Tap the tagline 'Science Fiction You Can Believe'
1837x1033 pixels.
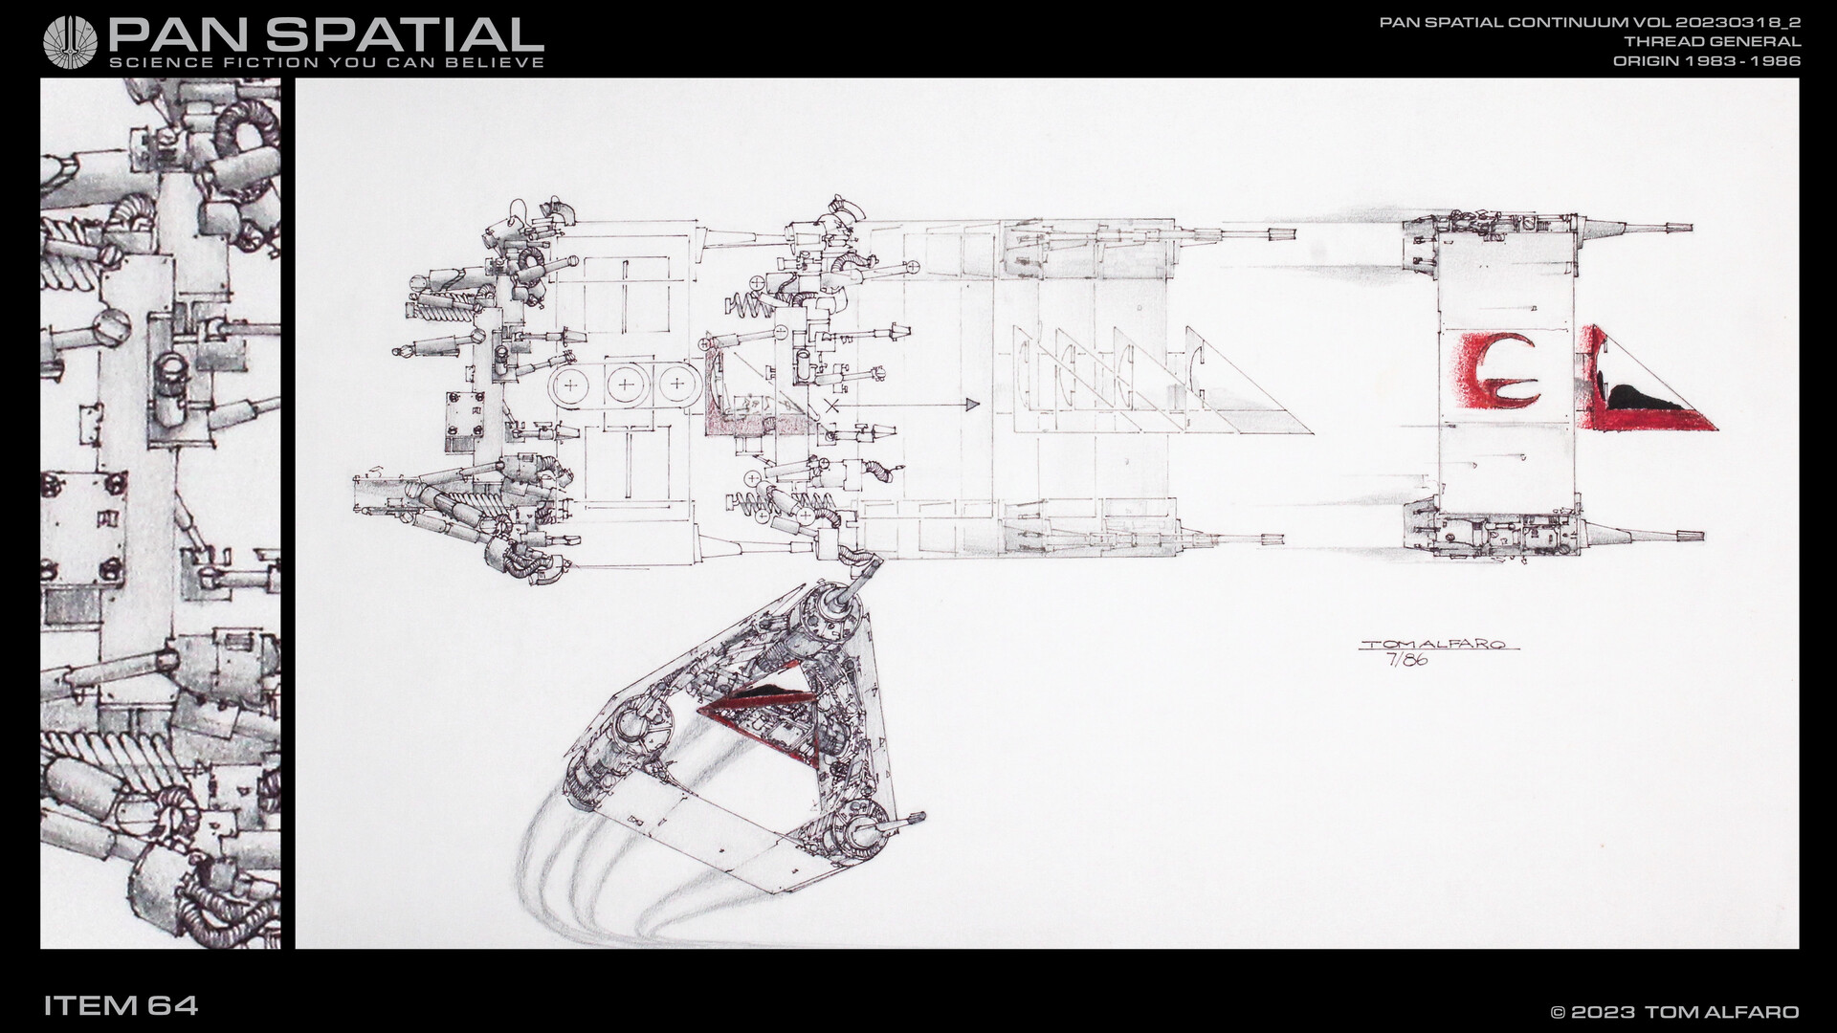tap(327, 62)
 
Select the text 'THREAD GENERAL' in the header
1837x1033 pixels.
tap(1713, 41)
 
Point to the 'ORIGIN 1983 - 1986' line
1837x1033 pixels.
tap(1707, 60)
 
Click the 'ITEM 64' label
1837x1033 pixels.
tap(121, 1005)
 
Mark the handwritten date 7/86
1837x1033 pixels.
tap(1406, 661)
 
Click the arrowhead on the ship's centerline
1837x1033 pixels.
tap(973, 406)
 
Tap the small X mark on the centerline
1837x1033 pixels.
tap(830, 406)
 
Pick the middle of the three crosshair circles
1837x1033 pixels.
tap(625, 385)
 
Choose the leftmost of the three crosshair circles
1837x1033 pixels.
tap(571, 385)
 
